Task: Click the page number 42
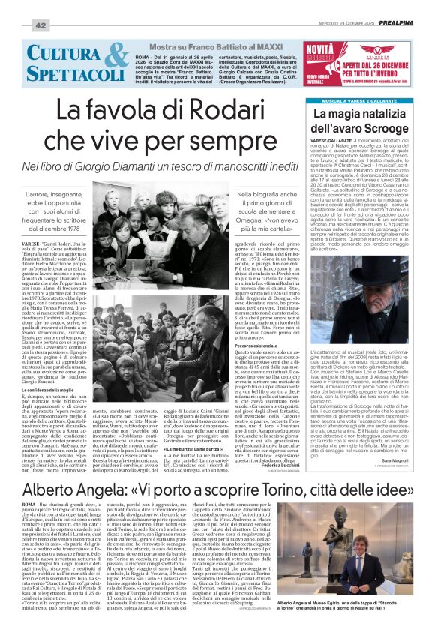coord(19,25)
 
